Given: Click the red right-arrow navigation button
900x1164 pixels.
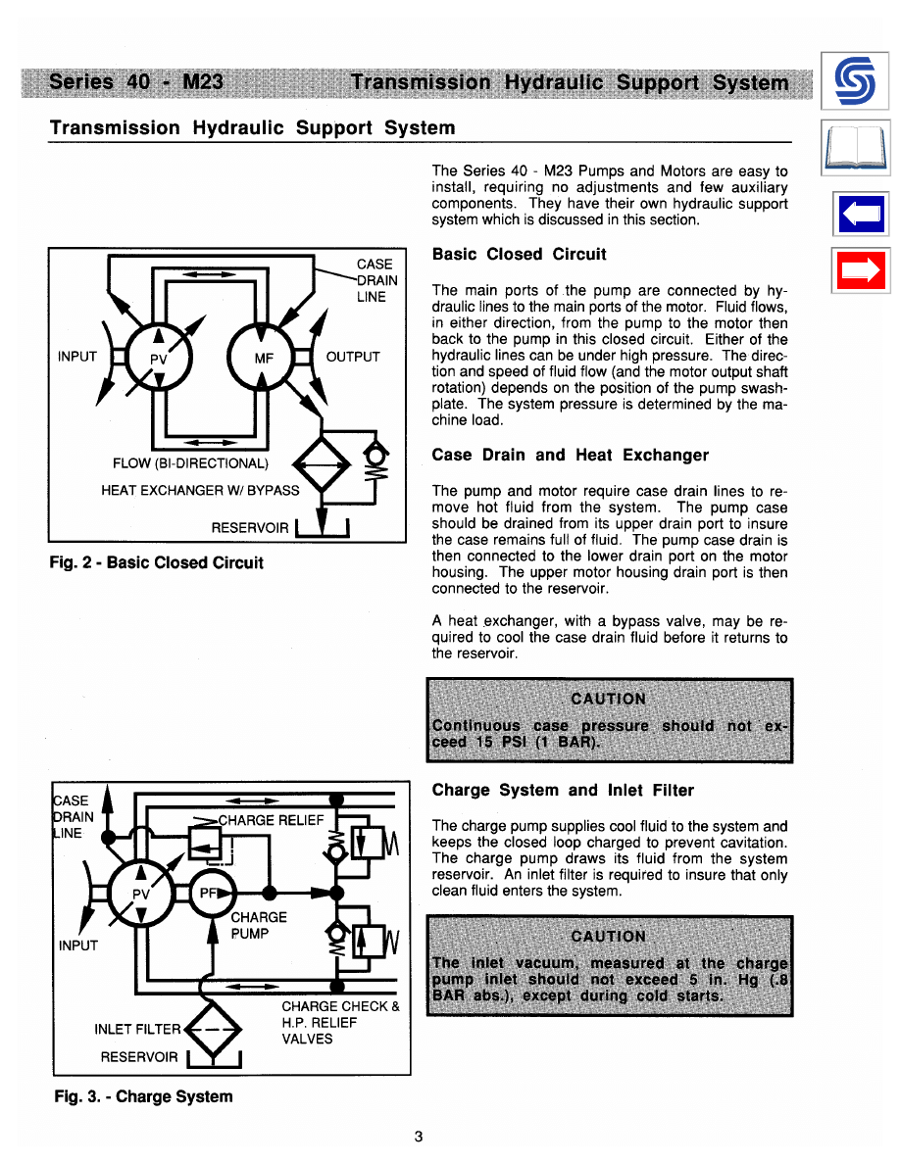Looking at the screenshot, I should tap(860, 270).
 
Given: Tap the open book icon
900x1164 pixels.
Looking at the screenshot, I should tap(860, 148).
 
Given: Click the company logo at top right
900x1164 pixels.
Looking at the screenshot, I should tap(860, 81).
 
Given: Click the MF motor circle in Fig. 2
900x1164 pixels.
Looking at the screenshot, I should tap(263, 356).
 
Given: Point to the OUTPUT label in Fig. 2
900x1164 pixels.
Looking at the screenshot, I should tap(353, 357).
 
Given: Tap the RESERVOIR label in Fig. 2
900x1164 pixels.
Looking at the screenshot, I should tap(250, 528).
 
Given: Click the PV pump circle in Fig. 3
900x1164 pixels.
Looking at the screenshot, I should tap(143, 893).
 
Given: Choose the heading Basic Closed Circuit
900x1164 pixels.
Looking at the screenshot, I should tap(519, 255).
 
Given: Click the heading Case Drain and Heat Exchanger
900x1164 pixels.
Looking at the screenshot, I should tap(570, 455).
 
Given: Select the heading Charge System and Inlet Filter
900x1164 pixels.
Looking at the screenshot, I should tap(563, 790).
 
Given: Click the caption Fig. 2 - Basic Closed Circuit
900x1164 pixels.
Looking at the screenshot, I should tap(158, 562).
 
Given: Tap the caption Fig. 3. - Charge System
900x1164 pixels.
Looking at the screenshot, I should tap(143, 1096).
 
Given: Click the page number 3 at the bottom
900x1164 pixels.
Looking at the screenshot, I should tap(419, 1138).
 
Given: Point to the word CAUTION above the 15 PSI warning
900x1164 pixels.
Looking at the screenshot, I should tap(608, 699).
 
